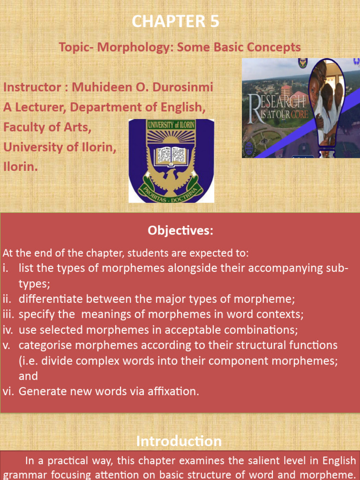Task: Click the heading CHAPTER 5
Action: (x=175, y=22)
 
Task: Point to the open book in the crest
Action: (x=171, y=154)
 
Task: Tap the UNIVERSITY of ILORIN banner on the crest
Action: (x=171, y=126)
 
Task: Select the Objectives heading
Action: (x=180, y=231)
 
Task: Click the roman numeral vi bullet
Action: (x=8, y=391)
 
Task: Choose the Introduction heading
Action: (x=179, y=441)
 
